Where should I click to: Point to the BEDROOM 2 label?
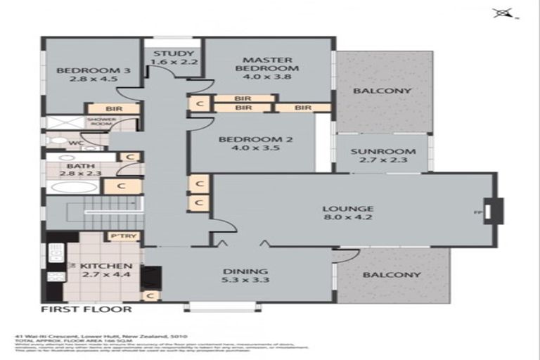255,139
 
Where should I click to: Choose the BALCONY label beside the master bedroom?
382,91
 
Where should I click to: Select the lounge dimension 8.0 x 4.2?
347,219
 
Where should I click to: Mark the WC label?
73,142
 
